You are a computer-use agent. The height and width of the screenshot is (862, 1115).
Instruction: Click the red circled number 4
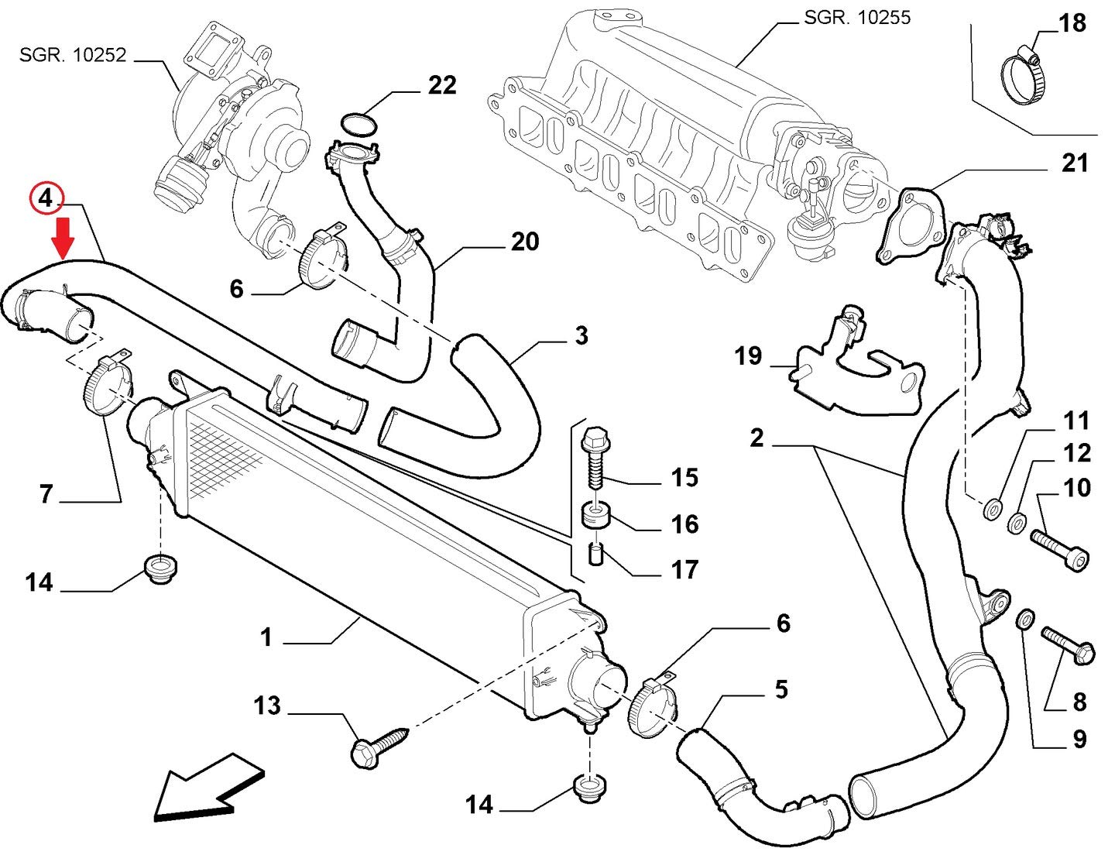pos(46,198)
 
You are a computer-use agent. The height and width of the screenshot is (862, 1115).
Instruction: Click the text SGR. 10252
pos(73,54)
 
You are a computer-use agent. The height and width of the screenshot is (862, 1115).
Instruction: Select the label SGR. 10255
pos(857,18)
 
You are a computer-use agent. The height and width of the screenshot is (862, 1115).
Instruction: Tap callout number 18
pos(1072,23)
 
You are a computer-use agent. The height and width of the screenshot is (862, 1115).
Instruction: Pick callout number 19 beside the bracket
pos(749,355)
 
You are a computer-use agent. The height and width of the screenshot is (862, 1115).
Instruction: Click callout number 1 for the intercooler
pos(266,637)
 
